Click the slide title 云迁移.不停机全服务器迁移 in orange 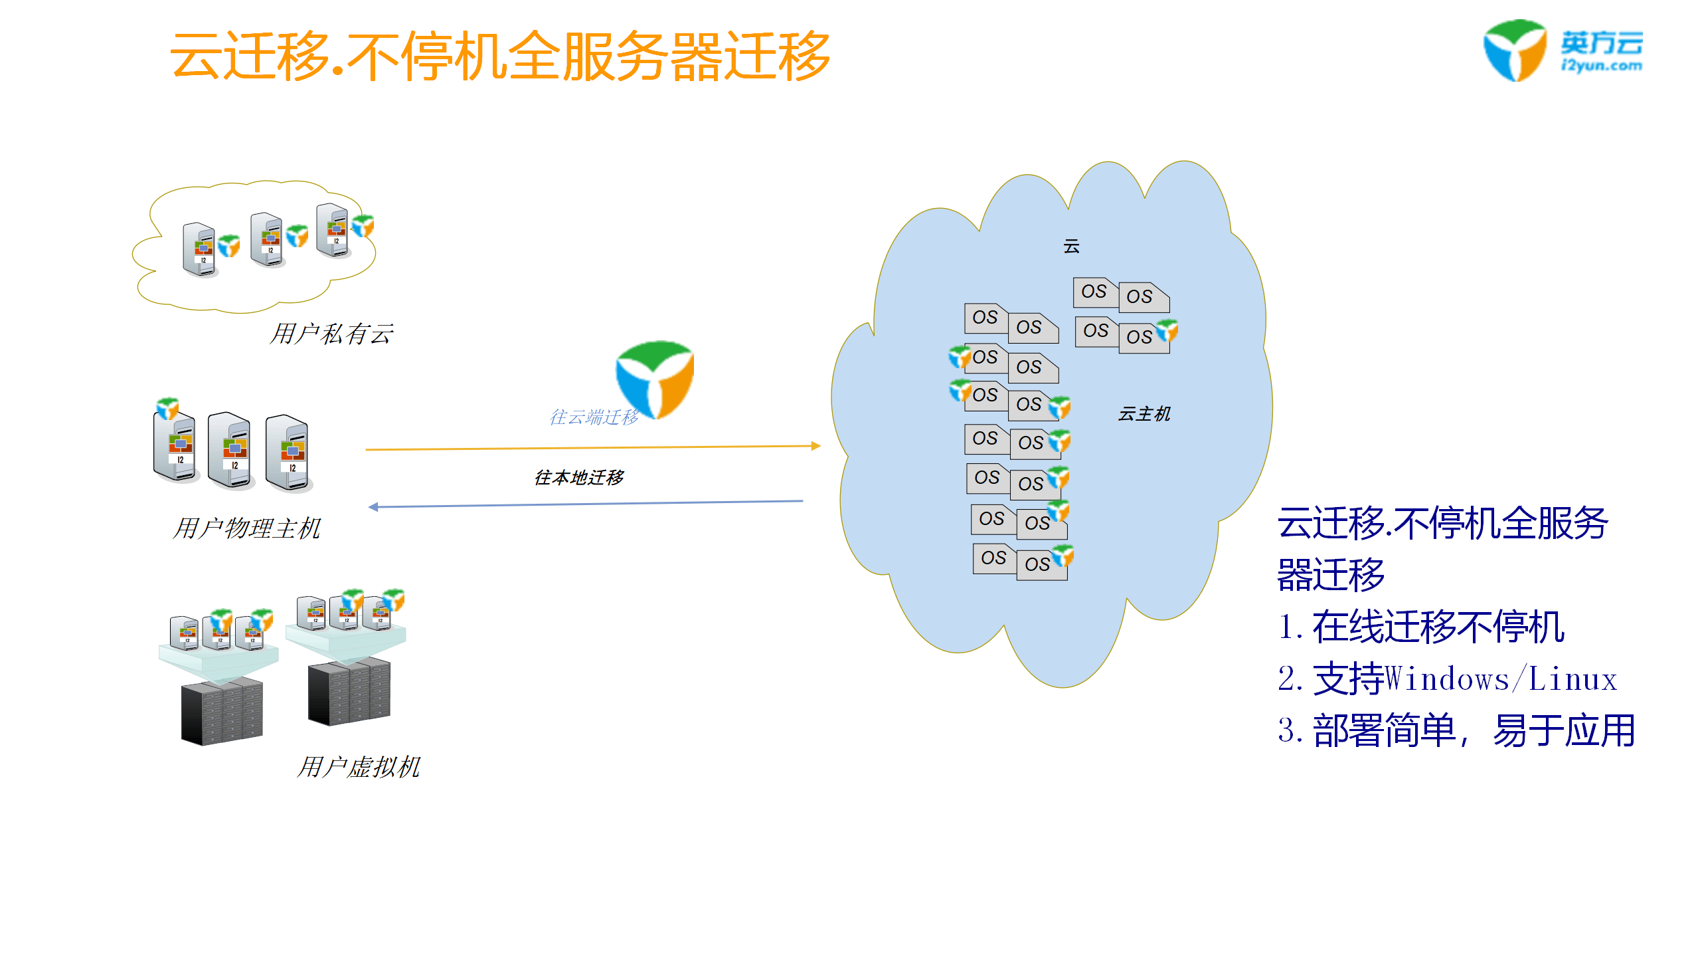tap(499, 56)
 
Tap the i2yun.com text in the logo tap(1601, 66)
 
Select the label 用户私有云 tap(331, 334)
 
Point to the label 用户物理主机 tap(246, 528)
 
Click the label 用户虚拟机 tap(358, 766)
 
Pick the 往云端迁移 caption tap(594, 417)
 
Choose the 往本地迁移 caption tap(578, 477)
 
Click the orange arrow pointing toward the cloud tap(591, 448)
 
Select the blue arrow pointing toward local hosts tap(584, 504)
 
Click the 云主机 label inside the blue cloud tap(1144, 414)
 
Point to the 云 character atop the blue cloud tap(1071, 247)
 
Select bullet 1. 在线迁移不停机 tap(1421, 627)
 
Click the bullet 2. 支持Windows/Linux tap(1447, 679)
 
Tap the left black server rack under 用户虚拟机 tap(222, 711)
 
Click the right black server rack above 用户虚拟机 tap(349, 691)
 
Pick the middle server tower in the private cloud tap(267, 239)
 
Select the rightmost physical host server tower tap(288, 453)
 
